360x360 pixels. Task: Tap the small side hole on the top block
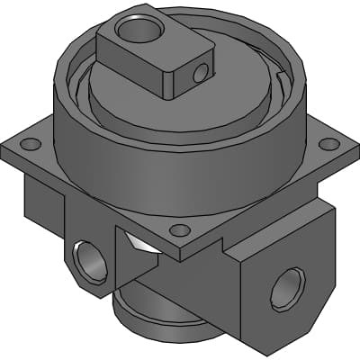pyautogui.click(x=208, y=67)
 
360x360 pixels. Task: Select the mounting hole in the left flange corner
pyautogui.click(x=30, y=144)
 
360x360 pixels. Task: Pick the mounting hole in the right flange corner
pyautogui.click(x=329, y=144)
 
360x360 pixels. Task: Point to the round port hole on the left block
pyautogui.click(x=90, y=261)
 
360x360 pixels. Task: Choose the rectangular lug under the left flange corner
pyautogui.click(x=40, y=198)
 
